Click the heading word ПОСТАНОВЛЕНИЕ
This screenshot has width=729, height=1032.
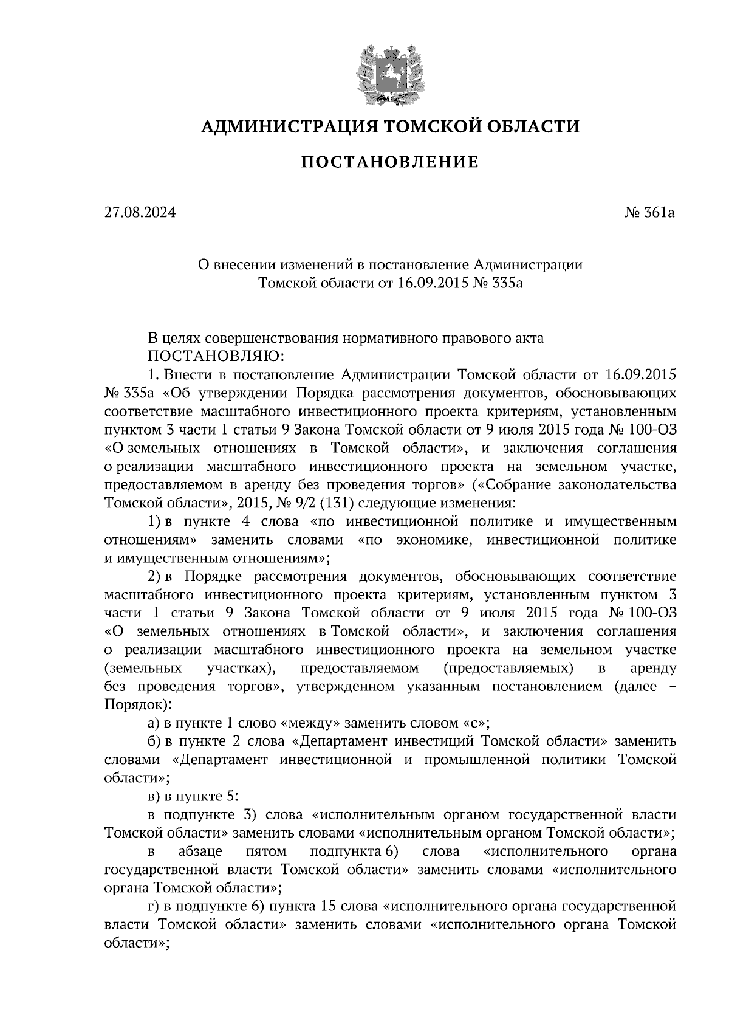[x=390, y=162]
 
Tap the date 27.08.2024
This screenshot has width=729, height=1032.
[x=140, y=213]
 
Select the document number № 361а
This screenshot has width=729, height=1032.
[x=650, y=213]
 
